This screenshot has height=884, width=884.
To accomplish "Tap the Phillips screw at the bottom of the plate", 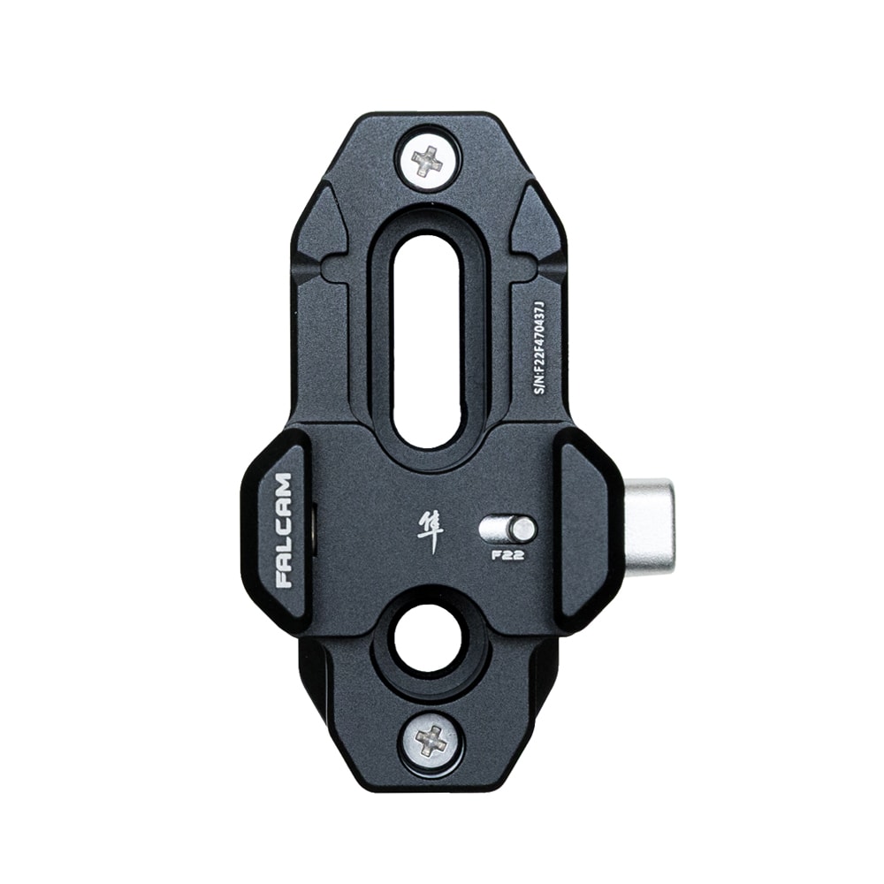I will point(431,741).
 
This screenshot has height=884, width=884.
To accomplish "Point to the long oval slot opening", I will point(427,340).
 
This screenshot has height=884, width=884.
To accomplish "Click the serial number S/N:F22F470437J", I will point(543,346).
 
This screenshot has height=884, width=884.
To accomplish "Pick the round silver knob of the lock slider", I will point(522,530).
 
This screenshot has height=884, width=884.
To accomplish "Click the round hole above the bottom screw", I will point(428,639).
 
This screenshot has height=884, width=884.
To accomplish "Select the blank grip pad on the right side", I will point(588,530).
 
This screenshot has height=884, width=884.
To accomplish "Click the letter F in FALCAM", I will point(283,579).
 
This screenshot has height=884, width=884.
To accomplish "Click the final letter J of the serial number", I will point(543,302).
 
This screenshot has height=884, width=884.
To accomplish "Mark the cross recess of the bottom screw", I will point(431,741).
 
